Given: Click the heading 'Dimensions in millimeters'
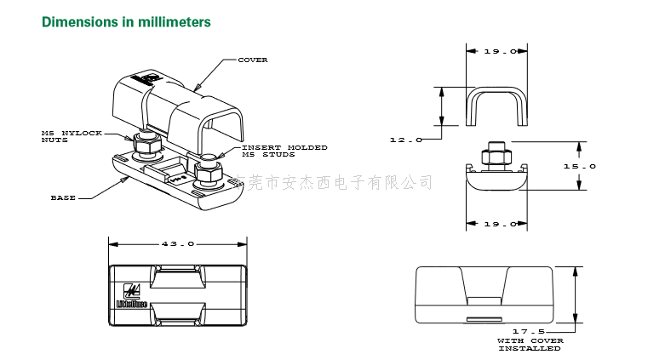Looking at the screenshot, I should click(126, 21).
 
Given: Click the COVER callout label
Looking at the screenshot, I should click(253, 60).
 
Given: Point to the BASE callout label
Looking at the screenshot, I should click(64, 197).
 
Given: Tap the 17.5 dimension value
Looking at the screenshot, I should click(529, 331).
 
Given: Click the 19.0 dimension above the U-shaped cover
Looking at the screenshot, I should click(499, 52).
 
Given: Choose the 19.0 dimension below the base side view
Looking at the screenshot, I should click(499, 224).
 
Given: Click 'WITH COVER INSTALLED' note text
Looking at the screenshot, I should click(530, 344).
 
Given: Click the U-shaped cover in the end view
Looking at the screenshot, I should click(498, 102).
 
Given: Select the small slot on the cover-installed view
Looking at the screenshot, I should click(485, 320).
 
